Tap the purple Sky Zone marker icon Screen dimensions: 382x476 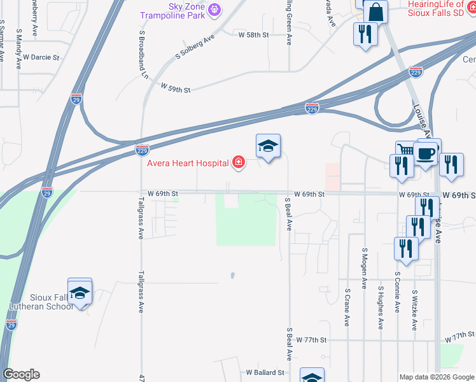[214, 9]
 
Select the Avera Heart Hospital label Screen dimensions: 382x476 [188, 163]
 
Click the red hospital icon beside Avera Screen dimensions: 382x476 [239, 163]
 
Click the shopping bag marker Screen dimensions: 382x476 [376, 11]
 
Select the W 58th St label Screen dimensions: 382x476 [251, 34]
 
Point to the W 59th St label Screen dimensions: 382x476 [176, 87]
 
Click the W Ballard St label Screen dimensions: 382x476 [265, 372]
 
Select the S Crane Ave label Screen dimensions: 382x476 [347, 308]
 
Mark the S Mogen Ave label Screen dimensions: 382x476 [365, 267]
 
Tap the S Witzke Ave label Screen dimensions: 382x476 [414, 310]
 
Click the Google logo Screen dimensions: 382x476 [21, 374]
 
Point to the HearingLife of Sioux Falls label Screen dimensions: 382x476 [436, 8]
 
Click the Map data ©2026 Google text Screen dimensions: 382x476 [437, 377]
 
